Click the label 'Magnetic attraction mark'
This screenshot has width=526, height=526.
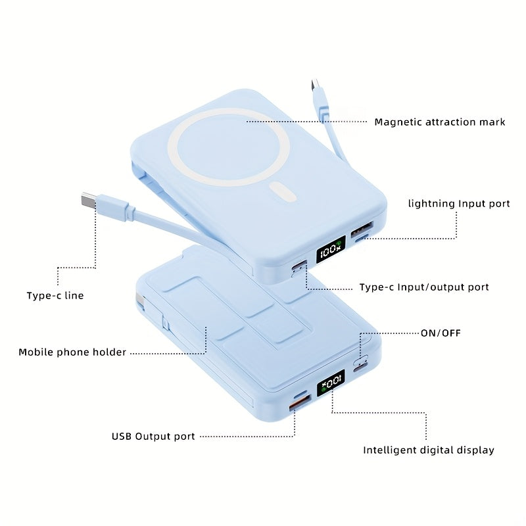tap(439, 122)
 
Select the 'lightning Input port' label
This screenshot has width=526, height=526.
tap(459, 203)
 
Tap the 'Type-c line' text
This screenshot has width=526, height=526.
tap(55, 295)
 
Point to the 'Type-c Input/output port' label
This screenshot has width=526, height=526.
tap(424, 287)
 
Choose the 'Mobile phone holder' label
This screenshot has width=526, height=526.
tap(72, 352)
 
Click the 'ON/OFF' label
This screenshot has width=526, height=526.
tap(441, 333)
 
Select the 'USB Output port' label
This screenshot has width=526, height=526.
tap(153, 436)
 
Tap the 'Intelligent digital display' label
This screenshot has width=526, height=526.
tap(429, 450)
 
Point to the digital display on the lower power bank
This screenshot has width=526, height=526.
tap(331, 383)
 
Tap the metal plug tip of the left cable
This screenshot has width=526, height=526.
tap(87, 199)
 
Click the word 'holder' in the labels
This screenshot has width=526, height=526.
tap(109, 352)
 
